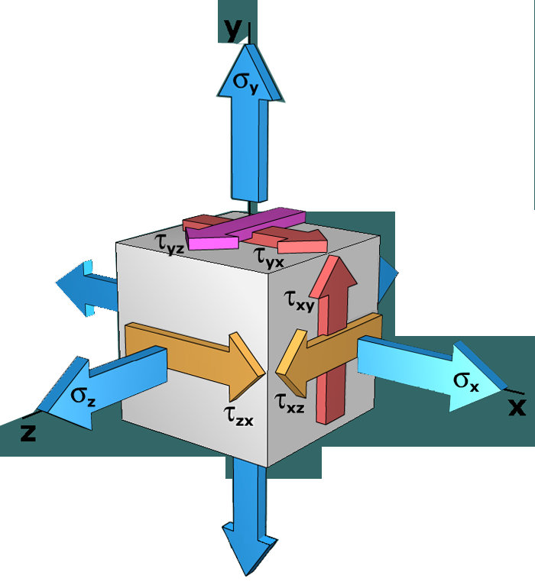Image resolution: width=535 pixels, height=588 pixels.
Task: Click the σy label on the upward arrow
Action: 245,80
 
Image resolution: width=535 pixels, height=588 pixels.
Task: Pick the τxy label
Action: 299,300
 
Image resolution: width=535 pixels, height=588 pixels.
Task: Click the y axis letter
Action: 232,29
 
